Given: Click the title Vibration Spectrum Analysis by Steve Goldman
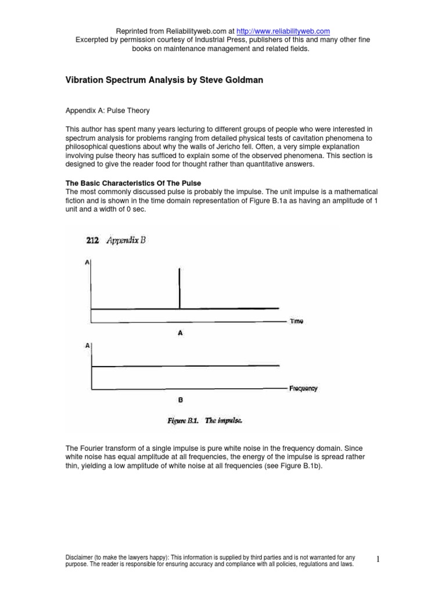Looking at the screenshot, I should (x=164, y=80).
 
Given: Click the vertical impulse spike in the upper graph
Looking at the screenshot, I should (x=179, y=288).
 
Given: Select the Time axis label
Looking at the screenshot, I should (x=296, y=321).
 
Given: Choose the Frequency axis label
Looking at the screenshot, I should (x=303, y=388).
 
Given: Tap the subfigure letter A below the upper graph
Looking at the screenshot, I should (x=180, y=333).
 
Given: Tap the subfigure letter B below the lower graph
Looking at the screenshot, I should (x=180, y=400).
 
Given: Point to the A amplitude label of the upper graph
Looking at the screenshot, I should (x=88, y=263).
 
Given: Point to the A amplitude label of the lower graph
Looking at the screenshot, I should (x=88, y=345).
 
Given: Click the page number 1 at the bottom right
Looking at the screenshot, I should (x=377, y=560).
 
